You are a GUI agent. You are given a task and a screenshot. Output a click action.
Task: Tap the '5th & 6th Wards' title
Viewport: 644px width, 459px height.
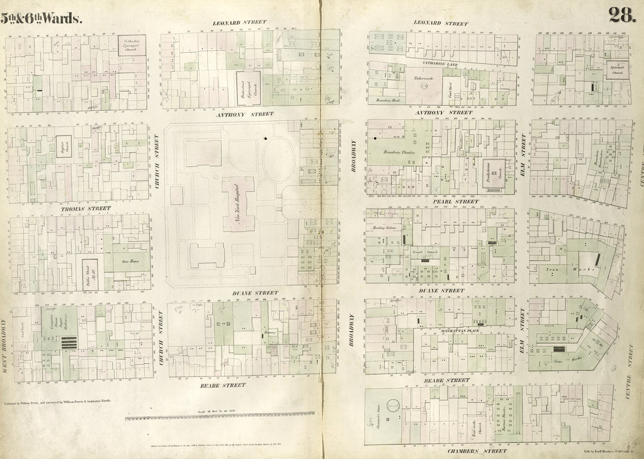click(42, 18)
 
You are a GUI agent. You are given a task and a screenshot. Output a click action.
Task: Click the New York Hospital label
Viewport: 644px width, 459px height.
click(237, 205)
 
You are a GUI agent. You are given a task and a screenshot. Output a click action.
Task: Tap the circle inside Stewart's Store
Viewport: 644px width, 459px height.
click(392, 406)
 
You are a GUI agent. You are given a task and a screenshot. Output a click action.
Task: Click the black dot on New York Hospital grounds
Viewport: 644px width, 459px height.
click(266, 138)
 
